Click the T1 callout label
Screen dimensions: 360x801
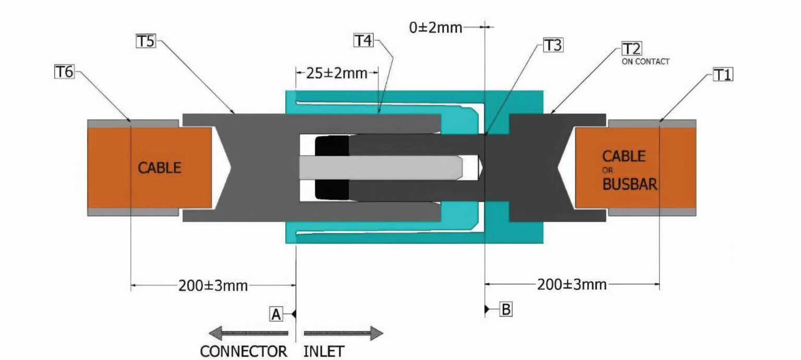point(723,76)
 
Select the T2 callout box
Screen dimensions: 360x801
point(632,50)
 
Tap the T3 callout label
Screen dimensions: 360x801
point(553,46)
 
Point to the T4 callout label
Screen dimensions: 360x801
point(363,41)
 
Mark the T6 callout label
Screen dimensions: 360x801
point(64,72)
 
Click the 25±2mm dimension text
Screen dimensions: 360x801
point(336,73)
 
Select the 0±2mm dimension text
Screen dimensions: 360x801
point(435,28)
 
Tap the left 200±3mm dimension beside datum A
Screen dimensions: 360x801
point(213,285)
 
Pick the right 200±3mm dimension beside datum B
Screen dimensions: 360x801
point(572,284)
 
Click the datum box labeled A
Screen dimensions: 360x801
point(276,314)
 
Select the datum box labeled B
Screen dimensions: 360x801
point(505,309)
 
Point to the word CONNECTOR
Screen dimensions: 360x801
point(244,351)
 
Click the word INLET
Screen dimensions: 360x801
point(324,351)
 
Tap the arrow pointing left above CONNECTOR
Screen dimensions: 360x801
point(248,333)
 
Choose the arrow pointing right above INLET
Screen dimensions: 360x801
point(344,333)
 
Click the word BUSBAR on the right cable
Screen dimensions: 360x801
point(629,184)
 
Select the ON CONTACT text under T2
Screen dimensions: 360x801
point(645,62)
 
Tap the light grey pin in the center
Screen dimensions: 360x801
point(381,167)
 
